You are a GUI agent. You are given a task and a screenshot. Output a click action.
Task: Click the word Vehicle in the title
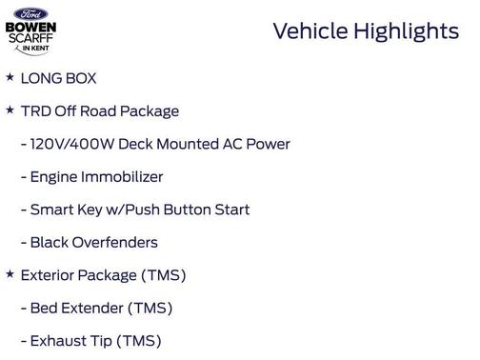coord(310,31)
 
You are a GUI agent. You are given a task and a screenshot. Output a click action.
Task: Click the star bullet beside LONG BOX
coord(10,76)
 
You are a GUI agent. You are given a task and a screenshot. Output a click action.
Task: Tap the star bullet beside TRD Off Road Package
coord(10,110)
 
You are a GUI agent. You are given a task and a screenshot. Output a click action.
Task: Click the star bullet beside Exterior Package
coord(10,274)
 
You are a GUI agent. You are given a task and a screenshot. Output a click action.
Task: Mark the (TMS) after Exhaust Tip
coord(139,341)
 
